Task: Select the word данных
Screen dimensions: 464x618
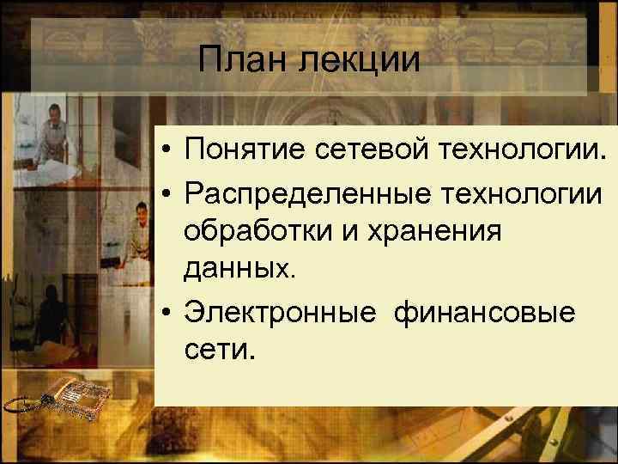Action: pos(238,270)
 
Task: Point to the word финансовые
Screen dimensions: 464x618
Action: pos(485,311)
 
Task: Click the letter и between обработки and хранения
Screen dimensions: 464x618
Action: pos(339,232)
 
